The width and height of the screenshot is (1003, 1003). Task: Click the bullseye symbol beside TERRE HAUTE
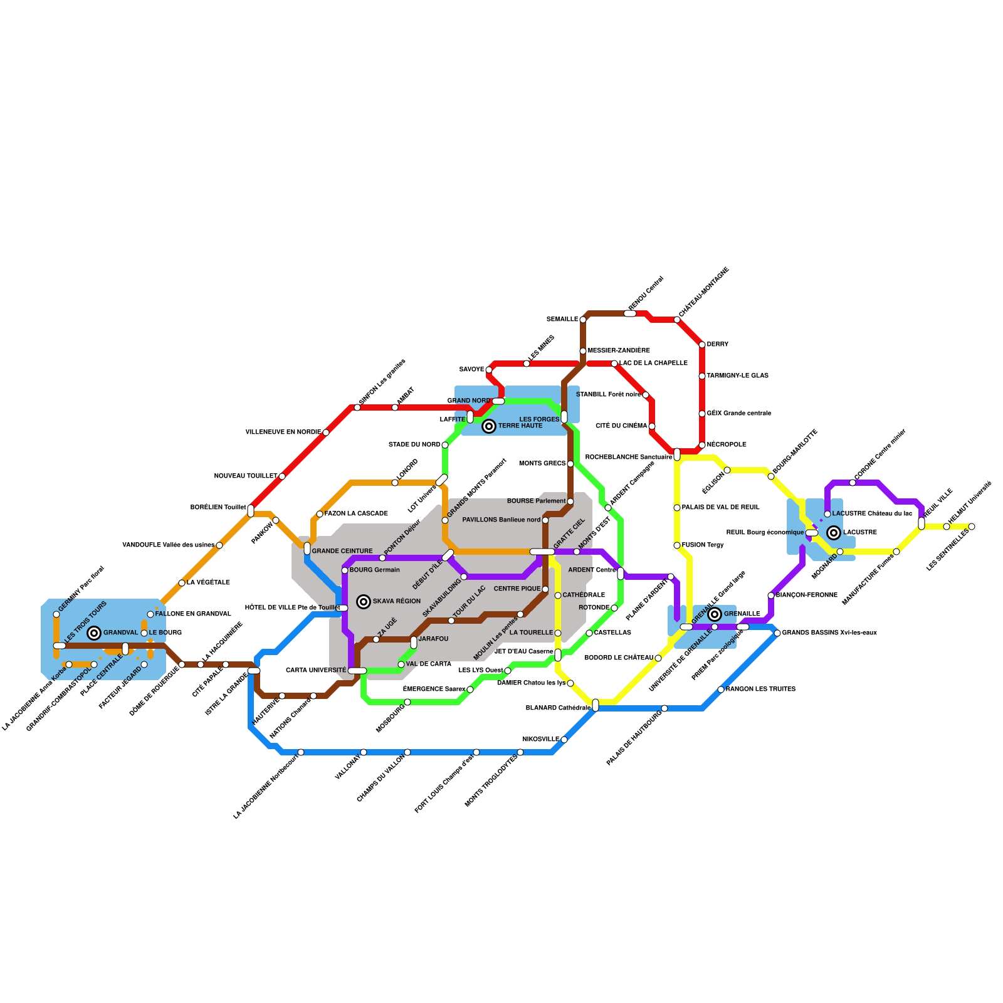[489, 426]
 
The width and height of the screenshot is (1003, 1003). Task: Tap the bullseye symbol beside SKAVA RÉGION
[364, 602]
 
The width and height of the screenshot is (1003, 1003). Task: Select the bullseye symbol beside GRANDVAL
[94, 633]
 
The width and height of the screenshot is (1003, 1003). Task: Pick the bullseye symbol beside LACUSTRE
[834, 533]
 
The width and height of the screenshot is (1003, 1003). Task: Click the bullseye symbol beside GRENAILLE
[715, 614]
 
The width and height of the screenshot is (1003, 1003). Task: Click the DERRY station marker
[702, 345]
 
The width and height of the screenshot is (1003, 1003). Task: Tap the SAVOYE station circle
[489, 370]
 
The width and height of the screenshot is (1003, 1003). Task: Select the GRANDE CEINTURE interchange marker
[307, 549]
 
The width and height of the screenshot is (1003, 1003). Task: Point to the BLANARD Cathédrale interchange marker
[596, 705]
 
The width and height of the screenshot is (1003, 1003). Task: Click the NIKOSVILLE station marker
[564, 740]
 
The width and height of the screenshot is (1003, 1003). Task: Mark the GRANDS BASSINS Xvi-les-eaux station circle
[777, 633]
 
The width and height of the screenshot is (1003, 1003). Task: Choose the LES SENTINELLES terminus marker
[972, 527]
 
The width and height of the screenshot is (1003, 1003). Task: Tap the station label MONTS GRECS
[542, 464]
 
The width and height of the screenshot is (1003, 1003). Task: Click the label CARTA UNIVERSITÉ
[316, 671]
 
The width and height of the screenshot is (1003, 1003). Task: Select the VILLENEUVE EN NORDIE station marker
[326, 433]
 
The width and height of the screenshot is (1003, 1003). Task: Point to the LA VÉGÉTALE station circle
[182, 583]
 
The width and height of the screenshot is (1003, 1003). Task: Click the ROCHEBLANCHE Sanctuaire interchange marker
[677, 454]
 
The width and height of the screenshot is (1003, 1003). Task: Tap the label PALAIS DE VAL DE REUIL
[720, 508]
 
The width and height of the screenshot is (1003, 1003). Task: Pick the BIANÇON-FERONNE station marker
[771, 596]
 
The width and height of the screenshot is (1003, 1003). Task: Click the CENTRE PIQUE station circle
[545, 589]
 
